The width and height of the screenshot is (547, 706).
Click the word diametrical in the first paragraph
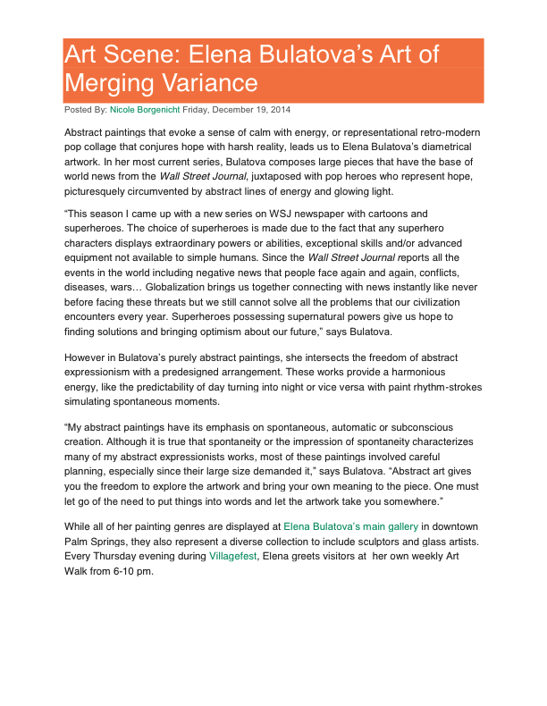tap(440, 147)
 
